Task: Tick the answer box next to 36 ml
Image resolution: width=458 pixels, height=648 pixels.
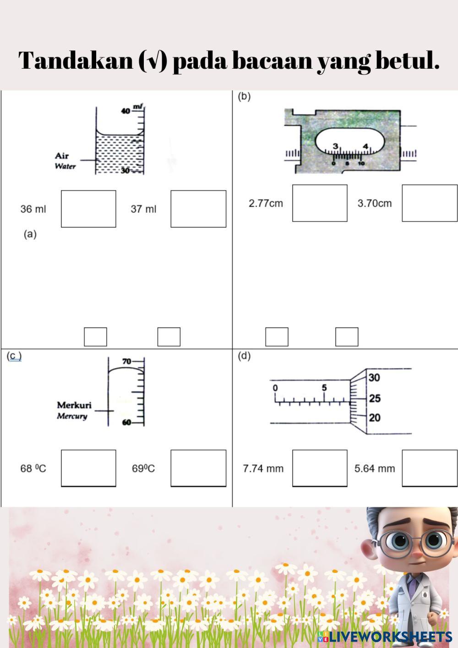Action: point(88,209)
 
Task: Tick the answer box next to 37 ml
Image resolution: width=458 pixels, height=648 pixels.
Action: point(198,209)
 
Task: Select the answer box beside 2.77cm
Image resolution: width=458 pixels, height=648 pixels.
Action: point(320,203)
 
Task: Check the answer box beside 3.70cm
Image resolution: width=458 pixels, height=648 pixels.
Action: point(430,203)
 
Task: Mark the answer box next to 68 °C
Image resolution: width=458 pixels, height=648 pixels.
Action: point(88,468)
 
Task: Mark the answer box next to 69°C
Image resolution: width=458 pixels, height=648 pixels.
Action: point(198,468)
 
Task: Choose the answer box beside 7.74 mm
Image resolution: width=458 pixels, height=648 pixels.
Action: point(320,468)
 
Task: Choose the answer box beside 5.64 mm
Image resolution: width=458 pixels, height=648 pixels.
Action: point(430,468)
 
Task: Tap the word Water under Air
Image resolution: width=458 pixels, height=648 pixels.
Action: point(65,166)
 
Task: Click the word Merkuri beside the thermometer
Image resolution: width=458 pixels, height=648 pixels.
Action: point(74,405)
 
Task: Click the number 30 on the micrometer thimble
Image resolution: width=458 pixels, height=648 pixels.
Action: point(374,378)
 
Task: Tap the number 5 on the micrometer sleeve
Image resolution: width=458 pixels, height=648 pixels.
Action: point(324,388)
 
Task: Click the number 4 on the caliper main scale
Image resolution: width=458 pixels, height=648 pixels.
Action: point(365,146)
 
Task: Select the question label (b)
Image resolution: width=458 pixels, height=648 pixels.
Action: point(244,96)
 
